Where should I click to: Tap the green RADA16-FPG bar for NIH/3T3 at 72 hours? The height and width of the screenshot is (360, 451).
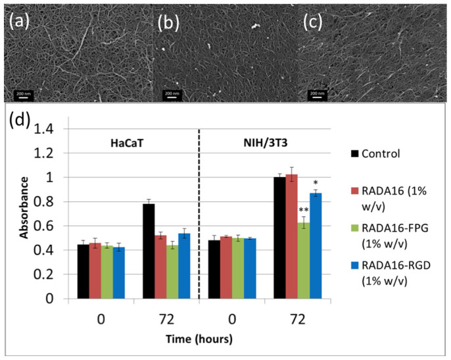(x=306, y=260)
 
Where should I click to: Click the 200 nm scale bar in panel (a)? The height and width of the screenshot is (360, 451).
(x=23, y=94)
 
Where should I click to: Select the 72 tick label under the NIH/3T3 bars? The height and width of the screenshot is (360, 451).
(x=300, y=319)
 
